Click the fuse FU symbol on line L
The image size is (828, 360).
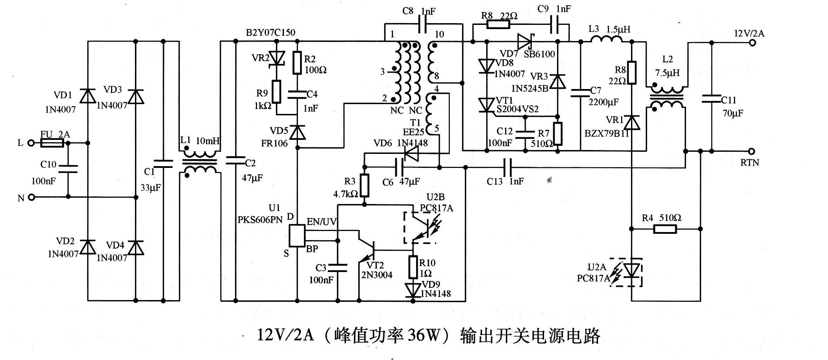(x=52, y=143)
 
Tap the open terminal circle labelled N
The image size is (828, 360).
(x=32, y=197)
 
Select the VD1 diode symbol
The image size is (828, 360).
(x=88, y=96)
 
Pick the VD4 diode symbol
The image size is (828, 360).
(x=136, y=248)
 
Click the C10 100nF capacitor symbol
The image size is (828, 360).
(x=68, y=169)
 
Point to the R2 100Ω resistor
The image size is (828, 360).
(x=297, y=63)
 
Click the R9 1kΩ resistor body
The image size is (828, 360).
(x=277, y=92)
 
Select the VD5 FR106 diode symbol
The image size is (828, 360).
(x=297, y=133)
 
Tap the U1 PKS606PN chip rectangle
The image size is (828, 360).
(x=297, y=236)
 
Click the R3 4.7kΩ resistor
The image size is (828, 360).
(x=365, y=185)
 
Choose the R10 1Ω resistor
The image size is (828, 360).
(x=413, y=267)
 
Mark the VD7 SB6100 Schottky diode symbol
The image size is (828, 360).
(x=525, y=42)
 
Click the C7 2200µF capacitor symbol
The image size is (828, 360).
(x=581, y=93)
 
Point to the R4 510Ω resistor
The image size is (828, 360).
(x=665, y=229)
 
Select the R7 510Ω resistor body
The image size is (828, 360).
(x=558, y=134)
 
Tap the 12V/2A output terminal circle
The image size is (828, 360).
(x=751, y=43)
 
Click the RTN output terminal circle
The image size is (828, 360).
(x=751, y=151)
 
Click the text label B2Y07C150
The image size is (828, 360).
(x=270, y=33)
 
